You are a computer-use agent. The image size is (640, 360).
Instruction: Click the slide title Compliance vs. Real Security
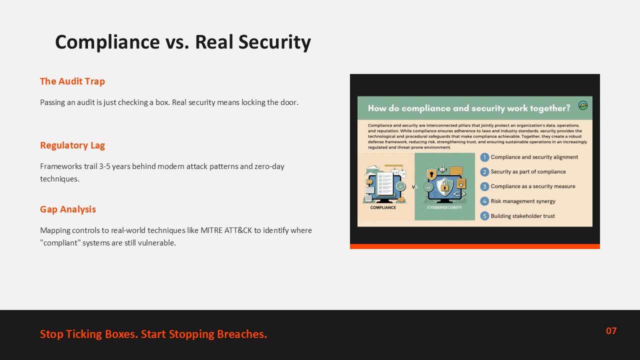tap(183, 42)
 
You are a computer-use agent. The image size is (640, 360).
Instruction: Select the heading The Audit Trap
tap(72, 81)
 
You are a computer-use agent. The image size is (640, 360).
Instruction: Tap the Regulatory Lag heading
tap(72, 145)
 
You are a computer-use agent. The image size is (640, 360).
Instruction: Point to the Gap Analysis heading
tap(67, 209)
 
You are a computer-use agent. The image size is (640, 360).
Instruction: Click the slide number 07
tap(611, 331)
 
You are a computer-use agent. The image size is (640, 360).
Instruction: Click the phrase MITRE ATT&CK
tap(226, 230)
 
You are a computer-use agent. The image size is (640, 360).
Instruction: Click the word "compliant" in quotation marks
tap(60, 243)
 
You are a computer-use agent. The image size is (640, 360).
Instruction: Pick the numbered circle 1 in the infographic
tap(484, 157)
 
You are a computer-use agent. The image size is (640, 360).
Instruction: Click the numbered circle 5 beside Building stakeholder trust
tap(484, 215)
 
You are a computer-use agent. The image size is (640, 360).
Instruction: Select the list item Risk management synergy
tap(523, 201)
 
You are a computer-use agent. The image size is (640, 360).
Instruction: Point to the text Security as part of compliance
tap(528, 171)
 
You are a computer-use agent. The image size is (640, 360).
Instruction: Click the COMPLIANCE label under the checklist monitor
tap(383, 207)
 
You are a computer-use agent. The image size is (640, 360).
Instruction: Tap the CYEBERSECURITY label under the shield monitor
tap(444, 207)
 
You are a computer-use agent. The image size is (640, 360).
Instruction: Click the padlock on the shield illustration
tap(444, 187)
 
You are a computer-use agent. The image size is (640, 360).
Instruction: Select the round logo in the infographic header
tap(583, 105)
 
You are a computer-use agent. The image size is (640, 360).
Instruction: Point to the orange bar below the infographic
tap(475, 246)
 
